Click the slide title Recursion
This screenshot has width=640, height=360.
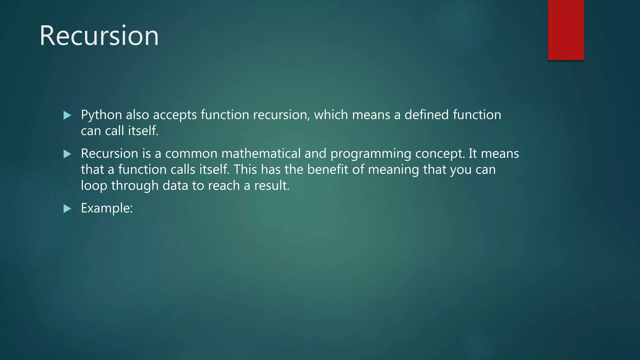[x=99, y=36]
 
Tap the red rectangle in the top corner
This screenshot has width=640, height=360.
[x=566, y=30]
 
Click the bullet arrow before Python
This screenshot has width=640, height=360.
[x=67, y=115]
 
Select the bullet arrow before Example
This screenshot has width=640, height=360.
[x=67, y=208]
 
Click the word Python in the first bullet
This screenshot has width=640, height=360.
[x=101, y=115]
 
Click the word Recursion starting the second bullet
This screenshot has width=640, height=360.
[x=109, y=153]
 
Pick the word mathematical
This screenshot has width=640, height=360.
[x=261, y=153]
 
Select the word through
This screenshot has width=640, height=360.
[x=135, y=186]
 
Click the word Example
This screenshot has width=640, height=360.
[x=107, y=208]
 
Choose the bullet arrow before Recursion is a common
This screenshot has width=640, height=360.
[x=67, y=154]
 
